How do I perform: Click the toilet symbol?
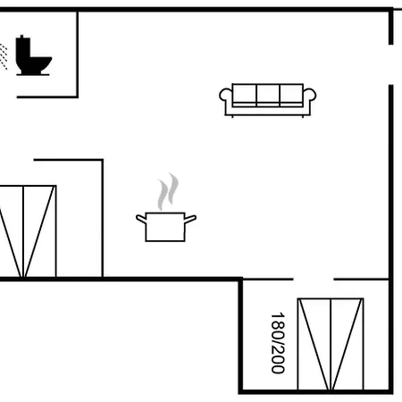(33, 55)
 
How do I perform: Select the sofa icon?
(268, 100)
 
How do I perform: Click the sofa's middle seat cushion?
(268, 94)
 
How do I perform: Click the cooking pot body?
(165, 227)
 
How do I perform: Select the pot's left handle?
(141, 219)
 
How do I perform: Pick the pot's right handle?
(190, 219)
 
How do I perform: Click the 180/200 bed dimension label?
(278, 343)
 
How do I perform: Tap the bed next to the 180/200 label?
(331, 344)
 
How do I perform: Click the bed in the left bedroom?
(28, 231)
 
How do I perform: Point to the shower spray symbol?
(4, 56)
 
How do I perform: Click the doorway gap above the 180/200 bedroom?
(314, 280)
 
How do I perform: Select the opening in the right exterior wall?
(391, 64)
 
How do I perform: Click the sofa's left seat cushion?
(244, 94)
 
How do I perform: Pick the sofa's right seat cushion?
(291, 94)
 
